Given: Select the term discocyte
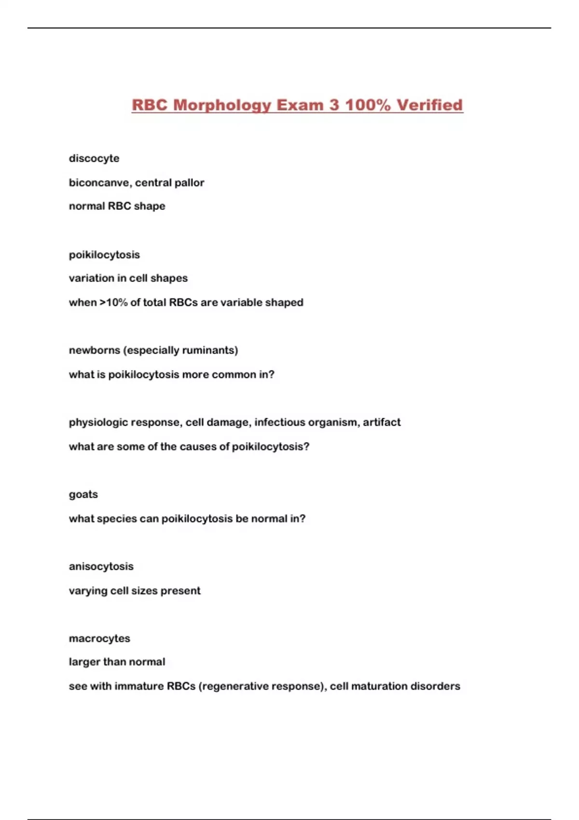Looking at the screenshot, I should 94,158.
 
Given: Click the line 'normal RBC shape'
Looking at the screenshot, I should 117,206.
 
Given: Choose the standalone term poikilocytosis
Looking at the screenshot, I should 104,255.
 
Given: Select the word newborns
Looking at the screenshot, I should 94,350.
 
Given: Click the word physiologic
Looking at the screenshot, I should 98,423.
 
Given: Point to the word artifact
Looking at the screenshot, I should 382,422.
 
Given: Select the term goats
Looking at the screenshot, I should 83,494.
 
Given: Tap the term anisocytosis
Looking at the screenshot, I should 101,566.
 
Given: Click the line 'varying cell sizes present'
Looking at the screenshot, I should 135,590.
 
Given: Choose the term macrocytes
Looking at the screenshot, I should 99,638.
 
